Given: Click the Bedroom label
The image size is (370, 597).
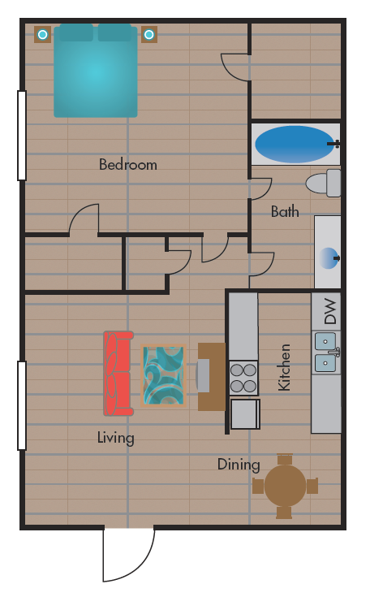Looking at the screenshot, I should click(127, 165).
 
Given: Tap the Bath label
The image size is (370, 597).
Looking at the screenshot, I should click(284, 212).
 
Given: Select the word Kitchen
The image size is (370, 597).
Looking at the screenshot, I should click(285, 367).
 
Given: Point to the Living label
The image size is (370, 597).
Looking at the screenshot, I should click(115, 438).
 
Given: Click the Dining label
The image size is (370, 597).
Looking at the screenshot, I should click(239, 465).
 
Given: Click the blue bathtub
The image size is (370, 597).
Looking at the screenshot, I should click(294, 144).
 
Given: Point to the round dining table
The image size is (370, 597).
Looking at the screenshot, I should click(285, 486).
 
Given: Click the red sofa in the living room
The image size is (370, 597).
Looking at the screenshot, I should click(118, 373).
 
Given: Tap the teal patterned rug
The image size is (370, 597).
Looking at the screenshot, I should click(163, 374).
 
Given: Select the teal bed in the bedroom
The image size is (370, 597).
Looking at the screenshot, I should click(95, 71).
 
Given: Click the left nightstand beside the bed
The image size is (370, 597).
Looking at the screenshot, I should click(42, 34).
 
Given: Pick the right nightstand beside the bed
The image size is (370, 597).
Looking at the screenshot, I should click(148, 34).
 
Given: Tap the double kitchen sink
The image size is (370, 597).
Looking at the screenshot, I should click(326, 352).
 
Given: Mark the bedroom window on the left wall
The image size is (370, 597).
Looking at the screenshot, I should click(21, 135).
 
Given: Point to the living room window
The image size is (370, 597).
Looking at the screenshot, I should click(21, 405).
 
